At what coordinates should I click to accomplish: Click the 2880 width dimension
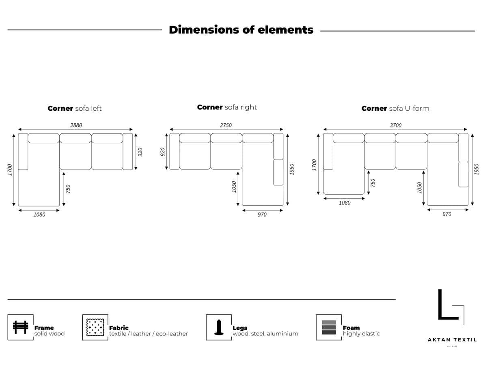click(76, 125)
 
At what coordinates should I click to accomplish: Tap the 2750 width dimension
click(226, 125)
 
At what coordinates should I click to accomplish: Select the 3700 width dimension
click(396, 125)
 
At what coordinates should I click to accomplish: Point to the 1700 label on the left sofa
click(10, 170)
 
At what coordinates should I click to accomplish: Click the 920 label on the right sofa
click(163, 152)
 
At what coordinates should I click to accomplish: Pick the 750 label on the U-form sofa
click(373, 183)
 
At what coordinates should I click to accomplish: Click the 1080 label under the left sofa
click(39, 215)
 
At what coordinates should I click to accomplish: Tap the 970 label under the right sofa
click(262, 215)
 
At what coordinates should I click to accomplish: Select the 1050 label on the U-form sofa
click(419, 188)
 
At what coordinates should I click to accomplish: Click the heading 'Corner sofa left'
click(75, 108)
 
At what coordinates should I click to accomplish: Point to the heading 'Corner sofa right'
click(227, 107)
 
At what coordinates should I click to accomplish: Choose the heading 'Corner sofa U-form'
click(395, 108)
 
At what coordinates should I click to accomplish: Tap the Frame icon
click(20, 327)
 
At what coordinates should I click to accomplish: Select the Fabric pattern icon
click(95, 327)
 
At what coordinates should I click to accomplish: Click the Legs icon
click(219, 327)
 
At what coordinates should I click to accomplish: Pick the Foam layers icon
click(329, 327)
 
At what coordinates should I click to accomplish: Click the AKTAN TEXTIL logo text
click(452, 340)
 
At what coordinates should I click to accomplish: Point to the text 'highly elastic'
click(361, 333)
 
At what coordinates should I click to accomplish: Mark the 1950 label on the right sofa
click(292, 170)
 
